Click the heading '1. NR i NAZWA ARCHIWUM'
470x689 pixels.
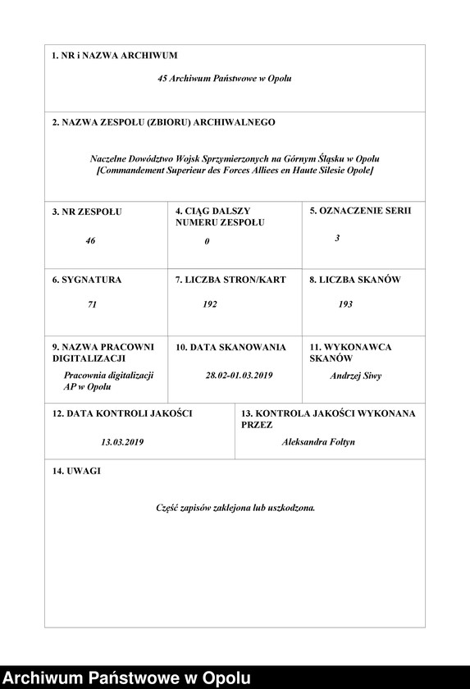(114, 56)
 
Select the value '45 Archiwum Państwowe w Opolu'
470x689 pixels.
(225, 79)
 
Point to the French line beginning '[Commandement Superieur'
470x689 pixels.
(235, 170)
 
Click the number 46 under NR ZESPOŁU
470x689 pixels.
(90, 241)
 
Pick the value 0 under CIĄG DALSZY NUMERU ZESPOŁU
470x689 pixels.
(207, 241)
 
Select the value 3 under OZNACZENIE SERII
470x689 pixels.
(337, 238)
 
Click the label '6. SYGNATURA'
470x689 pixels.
(86, 280)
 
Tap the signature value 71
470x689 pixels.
(92, 304)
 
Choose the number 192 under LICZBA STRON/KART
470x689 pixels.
(210, 304)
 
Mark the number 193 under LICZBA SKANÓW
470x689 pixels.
(345, 304)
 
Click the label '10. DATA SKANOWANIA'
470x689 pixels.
(230, 347)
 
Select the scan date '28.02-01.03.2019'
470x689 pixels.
(239, 376)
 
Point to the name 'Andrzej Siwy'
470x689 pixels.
(355, 376)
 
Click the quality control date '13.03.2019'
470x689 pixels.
(123, 441)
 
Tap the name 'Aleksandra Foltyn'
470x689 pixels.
(318, 441)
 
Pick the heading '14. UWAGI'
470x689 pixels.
(76, 471)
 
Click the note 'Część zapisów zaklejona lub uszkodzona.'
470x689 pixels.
(235, 508)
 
